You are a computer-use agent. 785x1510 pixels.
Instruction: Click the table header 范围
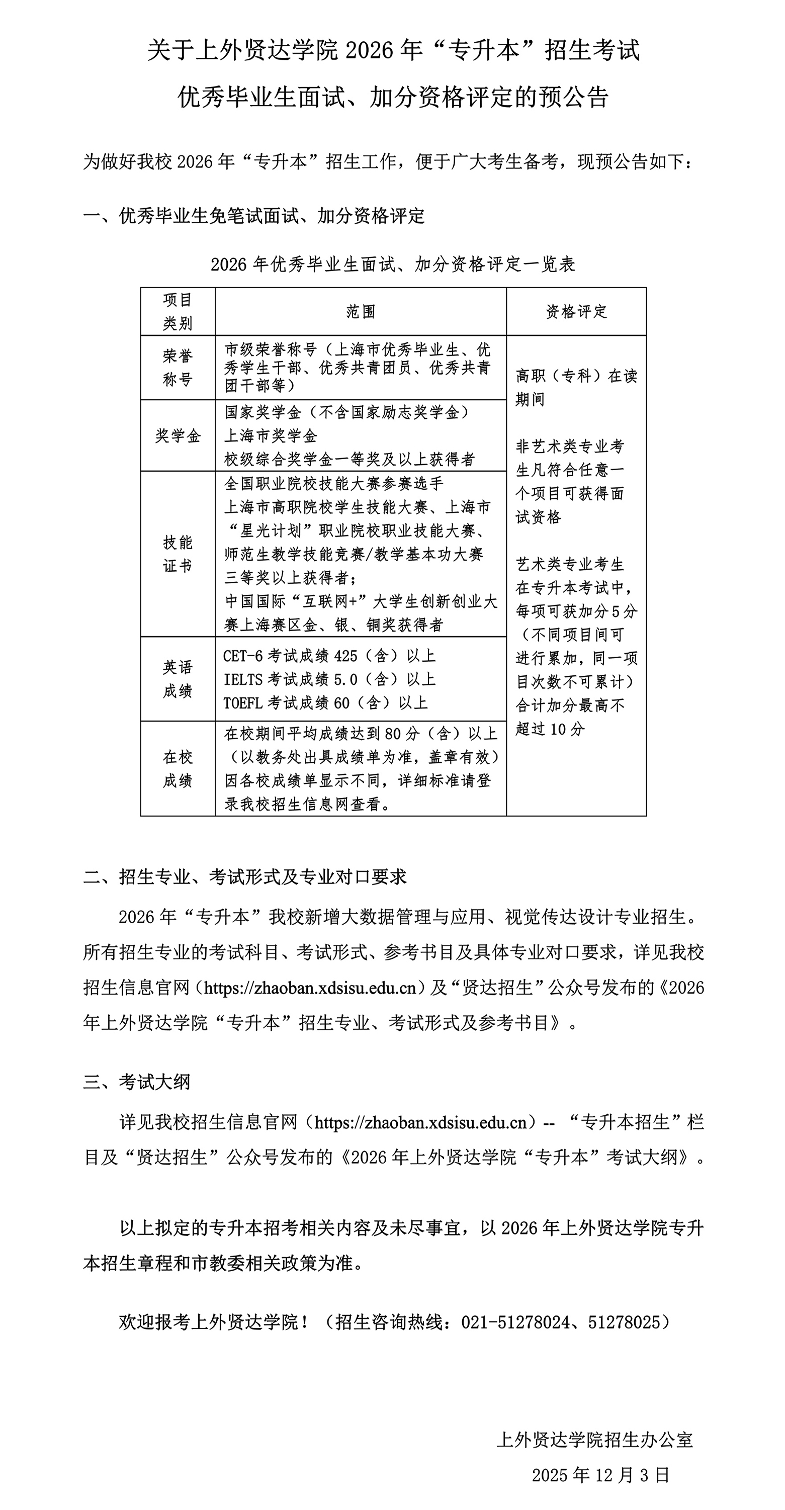pos(360,311)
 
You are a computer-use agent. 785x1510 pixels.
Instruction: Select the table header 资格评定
pos(576,311)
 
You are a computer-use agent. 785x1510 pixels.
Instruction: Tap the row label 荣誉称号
pos(178,368)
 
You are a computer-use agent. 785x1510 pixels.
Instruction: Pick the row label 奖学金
pos(178,435)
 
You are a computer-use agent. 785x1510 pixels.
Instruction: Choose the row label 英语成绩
pos(178,679)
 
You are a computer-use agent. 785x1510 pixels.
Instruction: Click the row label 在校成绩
pos(178,768)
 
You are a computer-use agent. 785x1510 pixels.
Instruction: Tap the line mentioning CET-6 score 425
pos(329,655)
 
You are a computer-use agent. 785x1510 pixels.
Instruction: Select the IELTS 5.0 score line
pos(329,679)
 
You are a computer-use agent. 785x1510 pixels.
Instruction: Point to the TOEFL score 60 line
pos(325,703)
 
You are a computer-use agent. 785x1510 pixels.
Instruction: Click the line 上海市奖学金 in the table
pos(271,435)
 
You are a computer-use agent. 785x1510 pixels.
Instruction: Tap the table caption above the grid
pos(393,264)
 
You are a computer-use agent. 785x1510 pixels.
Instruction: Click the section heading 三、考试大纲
pos(137,1082)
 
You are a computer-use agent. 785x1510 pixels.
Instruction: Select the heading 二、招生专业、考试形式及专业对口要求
pos(244,877)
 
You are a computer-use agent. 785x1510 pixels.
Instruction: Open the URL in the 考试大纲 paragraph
pos(421,1122)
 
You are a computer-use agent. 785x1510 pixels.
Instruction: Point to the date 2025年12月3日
pos(600,1475)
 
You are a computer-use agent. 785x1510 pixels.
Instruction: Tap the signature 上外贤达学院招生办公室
pos(594,1440)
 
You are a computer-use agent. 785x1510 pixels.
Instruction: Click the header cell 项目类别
pos(178,311)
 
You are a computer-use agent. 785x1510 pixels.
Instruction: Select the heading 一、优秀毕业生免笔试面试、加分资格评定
pos(254,216)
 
